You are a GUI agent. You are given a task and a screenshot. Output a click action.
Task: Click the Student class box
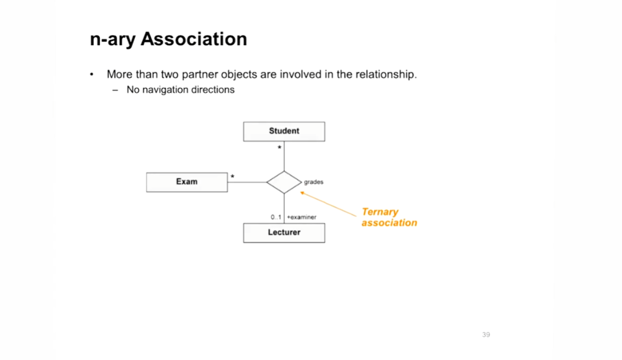(x=284, y=132)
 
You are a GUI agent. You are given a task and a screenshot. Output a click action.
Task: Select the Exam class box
(x=187, y=182)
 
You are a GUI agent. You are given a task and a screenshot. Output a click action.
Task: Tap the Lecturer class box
(x=284, y=233)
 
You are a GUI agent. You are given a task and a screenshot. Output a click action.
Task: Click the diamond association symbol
(x=284, y=182)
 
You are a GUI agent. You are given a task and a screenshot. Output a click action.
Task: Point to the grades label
(x=313, y=182)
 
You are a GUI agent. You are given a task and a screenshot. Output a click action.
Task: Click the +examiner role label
(x=301, y=218)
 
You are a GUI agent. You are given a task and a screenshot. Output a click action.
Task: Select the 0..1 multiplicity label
(x=275, y=218)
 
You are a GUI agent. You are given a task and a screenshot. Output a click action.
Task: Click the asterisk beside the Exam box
(x=233, y=177)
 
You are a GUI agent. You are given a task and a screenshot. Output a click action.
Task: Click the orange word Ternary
(x=379, y=212)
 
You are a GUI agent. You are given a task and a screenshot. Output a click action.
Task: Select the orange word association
(x=389, y=223)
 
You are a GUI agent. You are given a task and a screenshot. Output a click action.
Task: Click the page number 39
(x=486, y=335)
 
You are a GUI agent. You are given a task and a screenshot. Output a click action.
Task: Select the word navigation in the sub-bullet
(x=164, y=90)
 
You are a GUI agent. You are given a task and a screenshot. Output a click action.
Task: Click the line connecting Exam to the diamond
(x=247, y=182)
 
